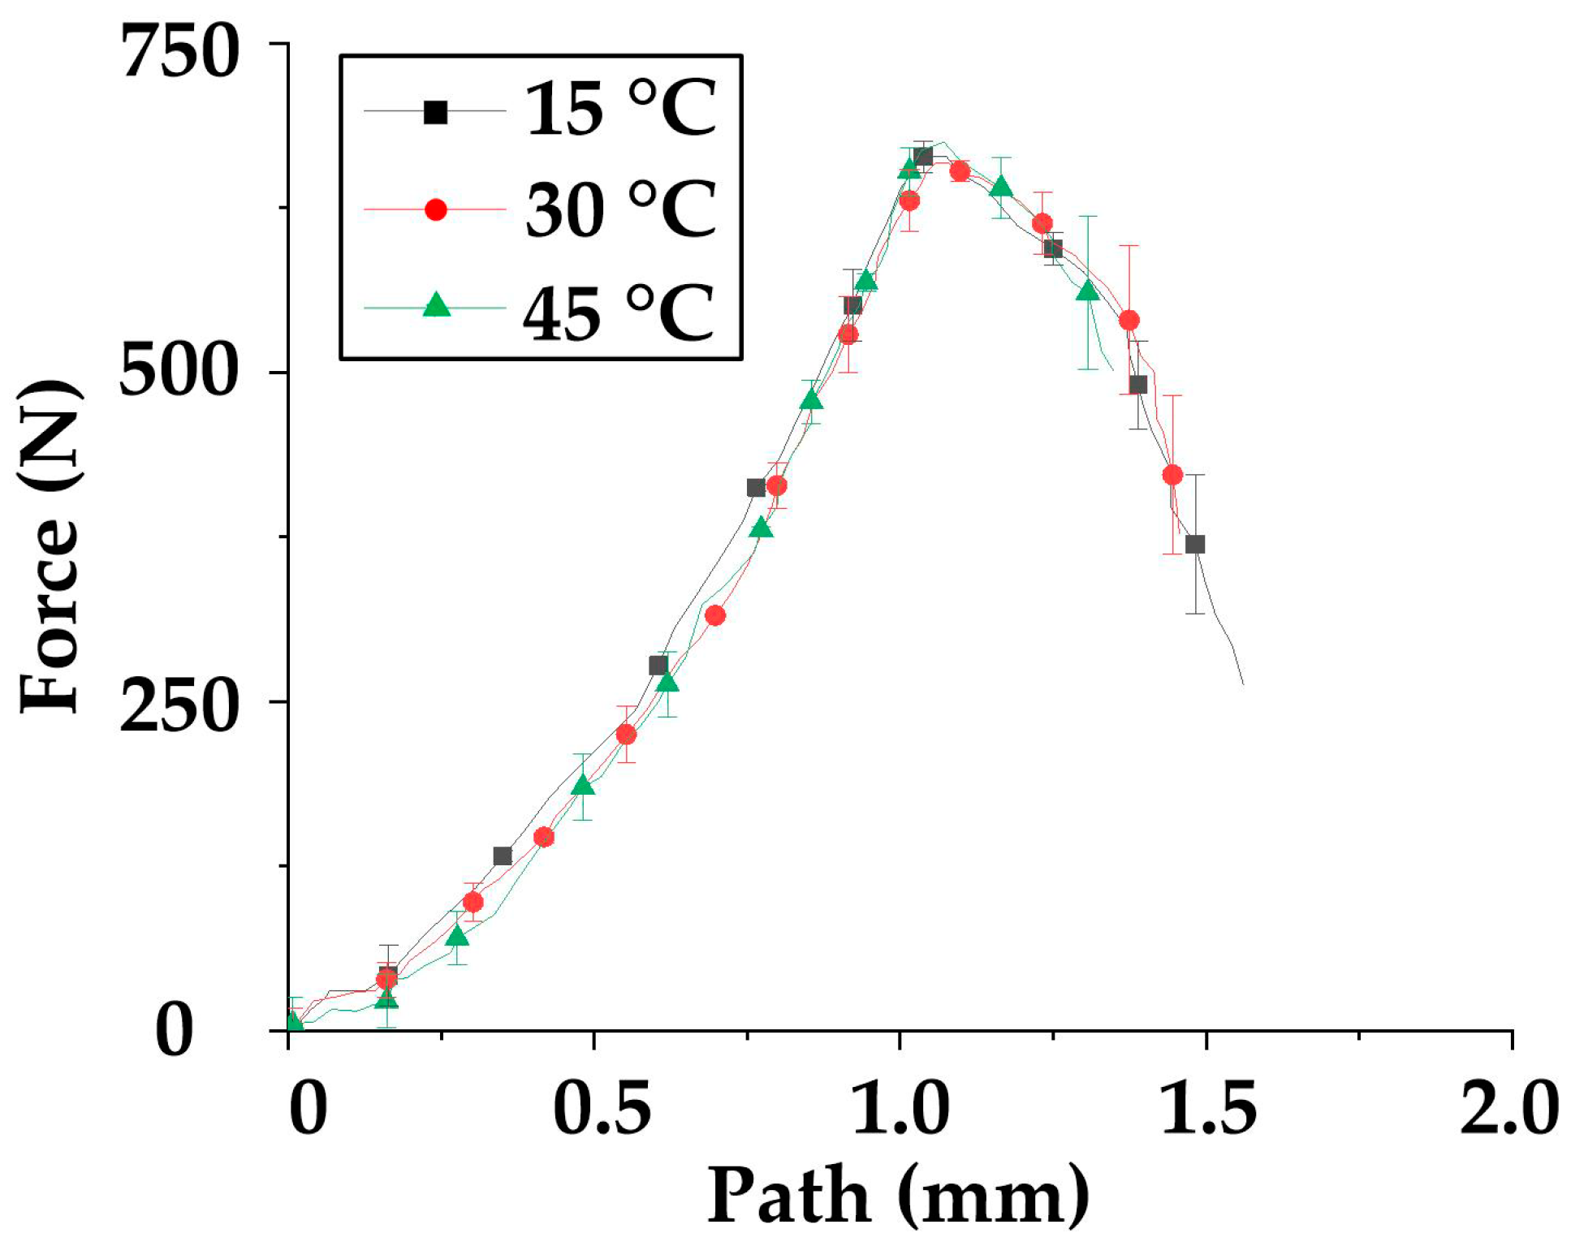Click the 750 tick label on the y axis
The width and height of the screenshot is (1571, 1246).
click(180, 54)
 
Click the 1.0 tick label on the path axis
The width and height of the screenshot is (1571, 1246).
click(900, 1109)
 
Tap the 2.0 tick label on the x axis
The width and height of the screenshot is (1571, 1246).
click(1508, 1109)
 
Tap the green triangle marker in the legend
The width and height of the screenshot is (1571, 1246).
click(437, 305)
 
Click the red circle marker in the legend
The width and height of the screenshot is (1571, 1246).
click(436, 209)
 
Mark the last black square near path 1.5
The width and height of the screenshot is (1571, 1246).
click(1194, 545)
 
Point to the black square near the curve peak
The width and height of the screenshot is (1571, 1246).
click(923, 157)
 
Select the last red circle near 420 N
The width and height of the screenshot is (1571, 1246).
click(1172, 475)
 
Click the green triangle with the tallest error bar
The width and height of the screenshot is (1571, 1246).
click(1088, 290)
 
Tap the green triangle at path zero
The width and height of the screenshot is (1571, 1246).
click(293, 1022)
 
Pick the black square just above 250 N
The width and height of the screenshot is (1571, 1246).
click(658, 666)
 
